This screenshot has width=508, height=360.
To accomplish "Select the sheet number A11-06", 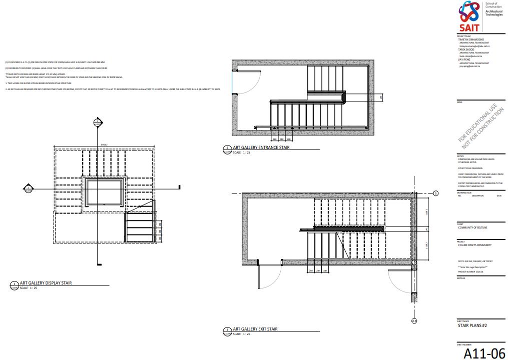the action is click(x=484, y=353).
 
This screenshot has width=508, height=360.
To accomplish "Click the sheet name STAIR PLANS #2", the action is click(x=472, y=325).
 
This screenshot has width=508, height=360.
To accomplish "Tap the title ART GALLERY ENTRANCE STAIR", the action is click(x=261, y=147).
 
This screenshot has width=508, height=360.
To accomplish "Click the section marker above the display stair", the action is click(x=98, y=122).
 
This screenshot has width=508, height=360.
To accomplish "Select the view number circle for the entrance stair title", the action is click(x=227, y=148).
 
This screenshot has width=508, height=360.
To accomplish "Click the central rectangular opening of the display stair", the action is click(x=104, y=192).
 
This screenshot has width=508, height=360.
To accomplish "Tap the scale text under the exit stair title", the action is click(x=240, y=333).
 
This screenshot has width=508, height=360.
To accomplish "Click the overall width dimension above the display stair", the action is click(x=104, y=145).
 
